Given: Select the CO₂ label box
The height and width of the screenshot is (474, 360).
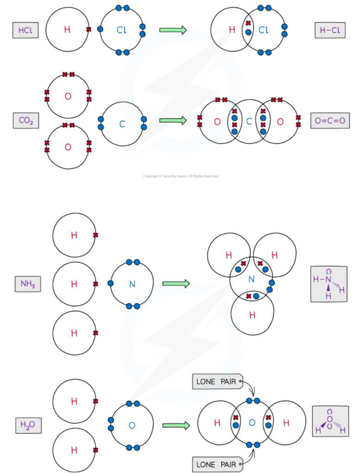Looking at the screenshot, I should click(25, 121).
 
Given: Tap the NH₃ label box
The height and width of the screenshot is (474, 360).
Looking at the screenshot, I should click(27, 283).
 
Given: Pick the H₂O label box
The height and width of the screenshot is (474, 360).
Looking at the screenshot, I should click(28, 425).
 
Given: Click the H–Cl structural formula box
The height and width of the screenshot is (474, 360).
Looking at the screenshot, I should click(329, 31).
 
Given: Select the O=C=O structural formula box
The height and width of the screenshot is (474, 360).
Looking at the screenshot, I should click(330, 121).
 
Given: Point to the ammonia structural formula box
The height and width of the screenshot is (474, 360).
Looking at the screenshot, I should click(328, 284).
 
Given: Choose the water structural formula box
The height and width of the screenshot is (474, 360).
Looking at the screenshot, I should click(330, 421).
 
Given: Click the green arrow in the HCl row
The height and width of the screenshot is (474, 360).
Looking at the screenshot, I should click(173, 30).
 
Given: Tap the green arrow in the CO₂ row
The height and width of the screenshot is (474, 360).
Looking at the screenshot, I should click(173, 121).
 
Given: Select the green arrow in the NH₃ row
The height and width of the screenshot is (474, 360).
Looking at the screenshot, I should click(176, 283).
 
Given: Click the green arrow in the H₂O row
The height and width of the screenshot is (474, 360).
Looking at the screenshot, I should click(176, 425).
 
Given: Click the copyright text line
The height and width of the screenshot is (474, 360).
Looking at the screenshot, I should click(180, 176).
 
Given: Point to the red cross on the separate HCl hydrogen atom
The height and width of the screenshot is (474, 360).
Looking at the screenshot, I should click(88, 30).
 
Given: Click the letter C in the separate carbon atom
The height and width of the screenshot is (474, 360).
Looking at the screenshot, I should click(122, 124).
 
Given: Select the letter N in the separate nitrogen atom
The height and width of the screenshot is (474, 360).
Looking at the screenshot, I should click(132, 284).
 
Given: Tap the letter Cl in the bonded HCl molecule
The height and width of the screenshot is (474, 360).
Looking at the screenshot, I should click(264, 30).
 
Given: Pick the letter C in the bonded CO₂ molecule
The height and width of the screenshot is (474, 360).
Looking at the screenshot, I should click(249, 122).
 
